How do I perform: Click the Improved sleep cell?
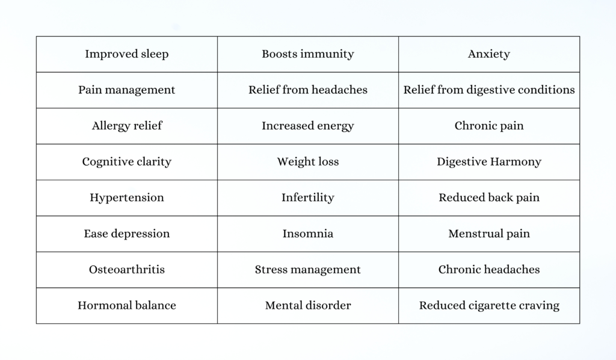127,54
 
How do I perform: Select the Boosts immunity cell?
307,54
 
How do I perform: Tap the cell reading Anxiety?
488,54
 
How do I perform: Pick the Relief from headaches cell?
307,90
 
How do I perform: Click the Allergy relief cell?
127,126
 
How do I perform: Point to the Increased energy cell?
307,126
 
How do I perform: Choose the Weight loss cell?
307,162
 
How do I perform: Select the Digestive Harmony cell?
488,162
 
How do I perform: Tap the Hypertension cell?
127,197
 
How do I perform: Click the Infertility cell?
307,197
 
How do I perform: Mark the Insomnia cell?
307,234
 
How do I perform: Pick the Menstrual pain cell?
488,234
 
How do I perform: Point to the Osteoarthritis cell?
127,270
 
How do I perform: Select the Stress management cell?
307,270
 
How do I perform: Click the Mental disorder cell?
307,305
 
